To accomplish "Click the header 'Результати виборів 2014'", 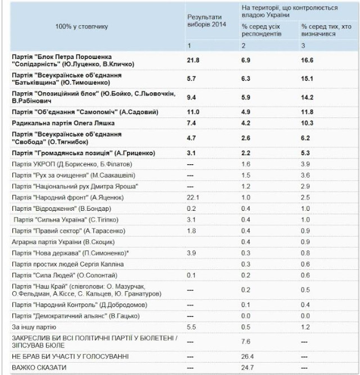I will click(204, 22).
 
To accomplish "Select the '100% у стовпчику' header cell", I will click(82, 26).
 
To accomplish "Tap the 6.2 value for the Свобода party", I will click(307, 137).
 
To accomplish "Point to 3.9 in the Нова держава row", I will click(191, 253).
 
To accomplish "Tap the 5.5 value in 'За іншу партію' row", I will click(191, 326).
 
